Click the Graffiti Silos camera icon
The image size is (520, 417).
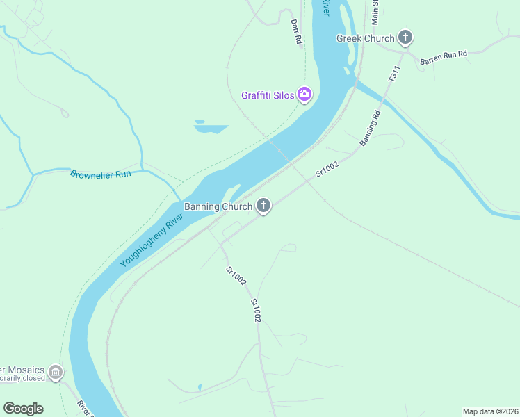(304, 95)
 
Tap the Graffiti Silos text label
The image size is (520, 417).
(268, 95)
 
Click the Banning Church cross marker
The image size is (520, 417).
(263, 206)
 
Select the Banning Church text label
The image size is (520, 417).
(218, 206)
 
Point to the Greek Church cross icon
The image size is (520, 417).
(405, 38)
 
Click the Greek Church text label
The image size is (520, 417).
(365, 38)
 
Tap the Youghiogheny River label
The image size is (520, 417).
(151, 240)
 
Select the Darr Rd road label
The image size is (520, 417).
(297, 32)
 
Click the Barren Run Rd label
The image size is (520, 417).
(443, 58)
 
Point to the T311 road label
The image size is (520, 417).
(394, 74)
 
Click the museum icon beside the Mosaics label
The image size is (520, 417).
(56, 372)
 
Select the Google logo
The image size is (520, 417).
(23, 409)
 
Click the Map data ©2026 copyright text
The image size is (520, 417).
(490, 411)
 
